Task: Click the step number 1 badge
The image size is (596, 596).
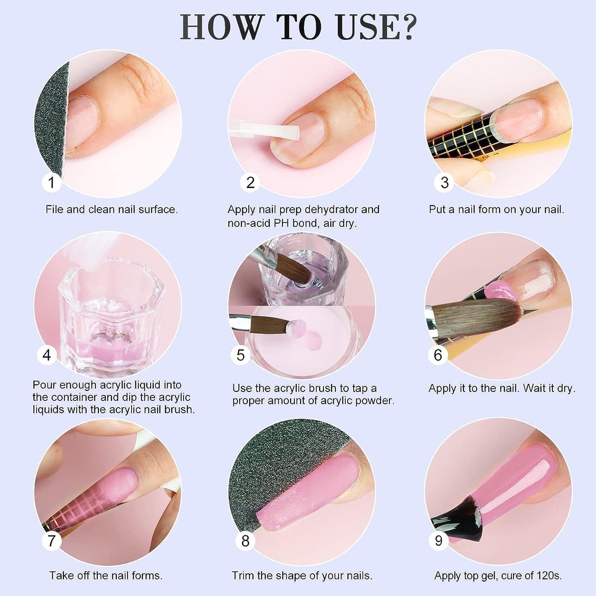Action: click(51, 182)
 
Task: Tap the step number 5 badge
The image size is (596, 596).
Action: click(240, 355)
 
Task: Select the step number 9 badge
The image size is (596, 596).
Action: click(438, 540)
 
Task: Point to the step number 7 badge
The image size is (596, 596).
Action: click(52, 540)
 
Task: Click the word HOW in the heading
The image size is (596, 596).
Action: click(221, 27)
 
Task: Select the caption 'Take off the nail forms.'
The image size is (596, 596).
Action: click(106, 575)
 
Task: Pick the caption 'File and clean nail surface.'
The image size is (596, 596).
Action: click(111, 210)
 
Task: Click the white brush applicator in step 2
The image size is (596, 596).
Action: click(264, 130)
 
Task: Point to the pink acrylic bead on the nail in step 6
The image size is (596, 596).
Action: click(500, 291)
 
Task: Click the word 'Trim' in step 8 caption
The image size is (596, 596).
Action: click(243, 575)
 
